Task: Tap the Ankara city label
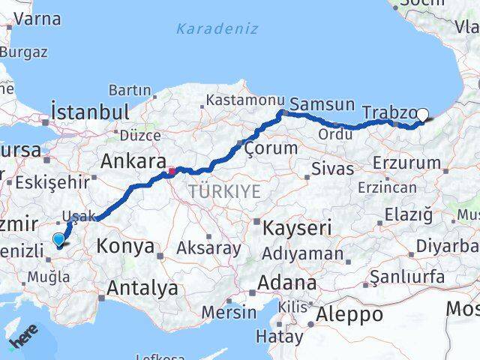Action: click(133, 162)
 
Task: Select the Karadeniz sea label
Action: click(217, 29)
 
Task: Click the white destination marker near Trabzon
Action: click(422, 115)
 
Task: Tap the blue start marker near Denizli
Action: click(59, 240)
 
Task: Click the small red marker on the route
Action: click(172, 171)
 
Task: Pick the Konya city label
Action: click(126, 246)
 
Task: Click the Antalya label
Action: click(142, 287)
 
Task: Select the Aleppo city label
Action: click(350, 314)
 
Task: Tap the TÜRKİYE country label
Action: click(224, 192)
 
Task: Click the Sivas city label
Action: click(331, 168)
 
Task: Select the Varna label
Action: click(36, 19)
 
